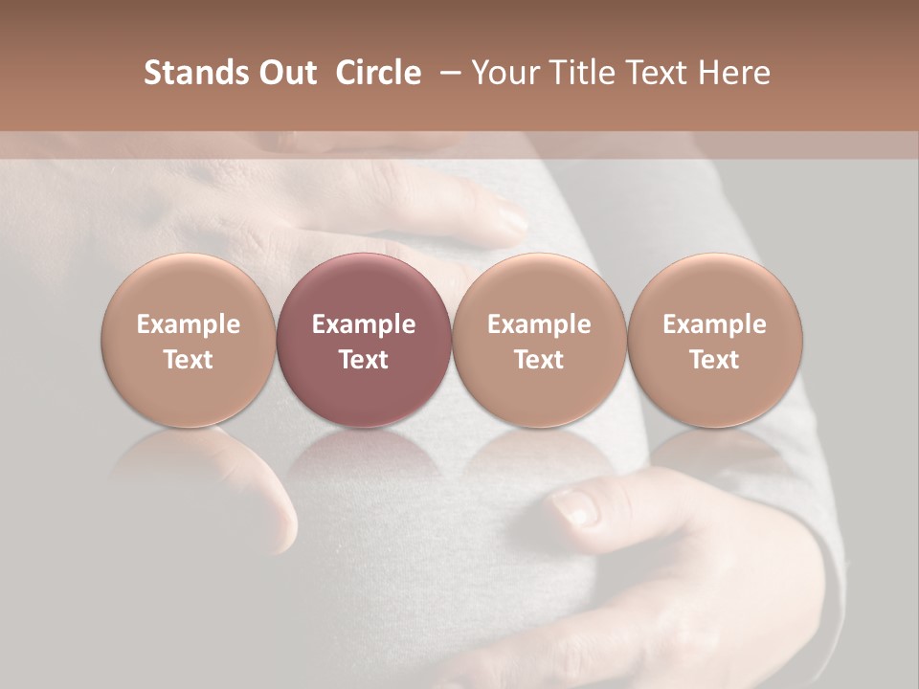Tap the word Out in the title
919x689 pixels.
pos(286,73)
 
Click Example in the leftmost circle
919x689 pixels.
pos(188,324)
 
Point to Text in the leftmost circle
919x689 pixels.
pos(188,360)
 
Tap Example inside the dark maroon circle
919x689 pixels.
pos(364,324)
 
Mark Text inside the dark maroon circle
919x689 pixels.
pos(364,360)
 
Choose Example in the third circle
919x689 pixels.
pos(539,324)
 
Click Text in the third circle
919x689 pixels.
pos(539,360)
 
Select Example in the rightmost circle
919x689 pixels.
pos(714,324)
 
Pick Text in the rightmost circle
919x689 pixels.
pos(714,360)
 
